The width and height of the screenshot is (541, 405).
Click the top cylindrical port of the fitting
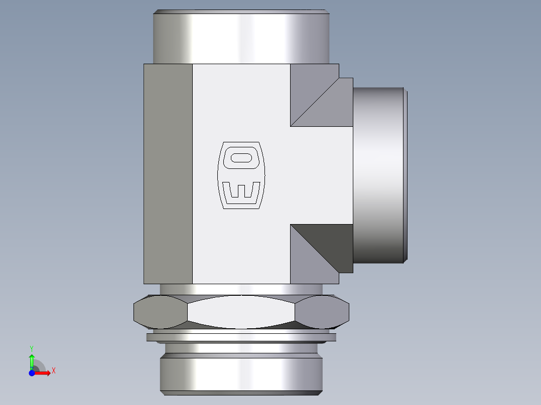241,38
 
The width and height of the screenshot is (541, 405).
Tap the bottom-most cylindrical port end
241,373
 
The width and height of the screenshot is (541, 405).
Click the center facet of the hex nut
241,312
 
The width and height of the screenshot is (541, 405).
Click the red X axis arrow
43,373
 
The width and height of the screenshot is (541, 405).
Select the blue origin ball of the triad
32,373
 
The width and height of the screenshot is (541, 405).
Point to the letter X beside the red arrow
53,371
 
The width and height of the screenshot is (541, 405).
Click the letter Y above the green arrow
31,348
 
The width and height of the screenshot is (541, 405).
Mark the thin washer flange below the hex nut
241,337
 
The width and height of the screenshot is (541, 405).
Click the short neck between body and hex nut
241,289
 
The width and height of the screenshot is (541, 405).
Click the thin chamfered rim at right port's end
405,175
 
